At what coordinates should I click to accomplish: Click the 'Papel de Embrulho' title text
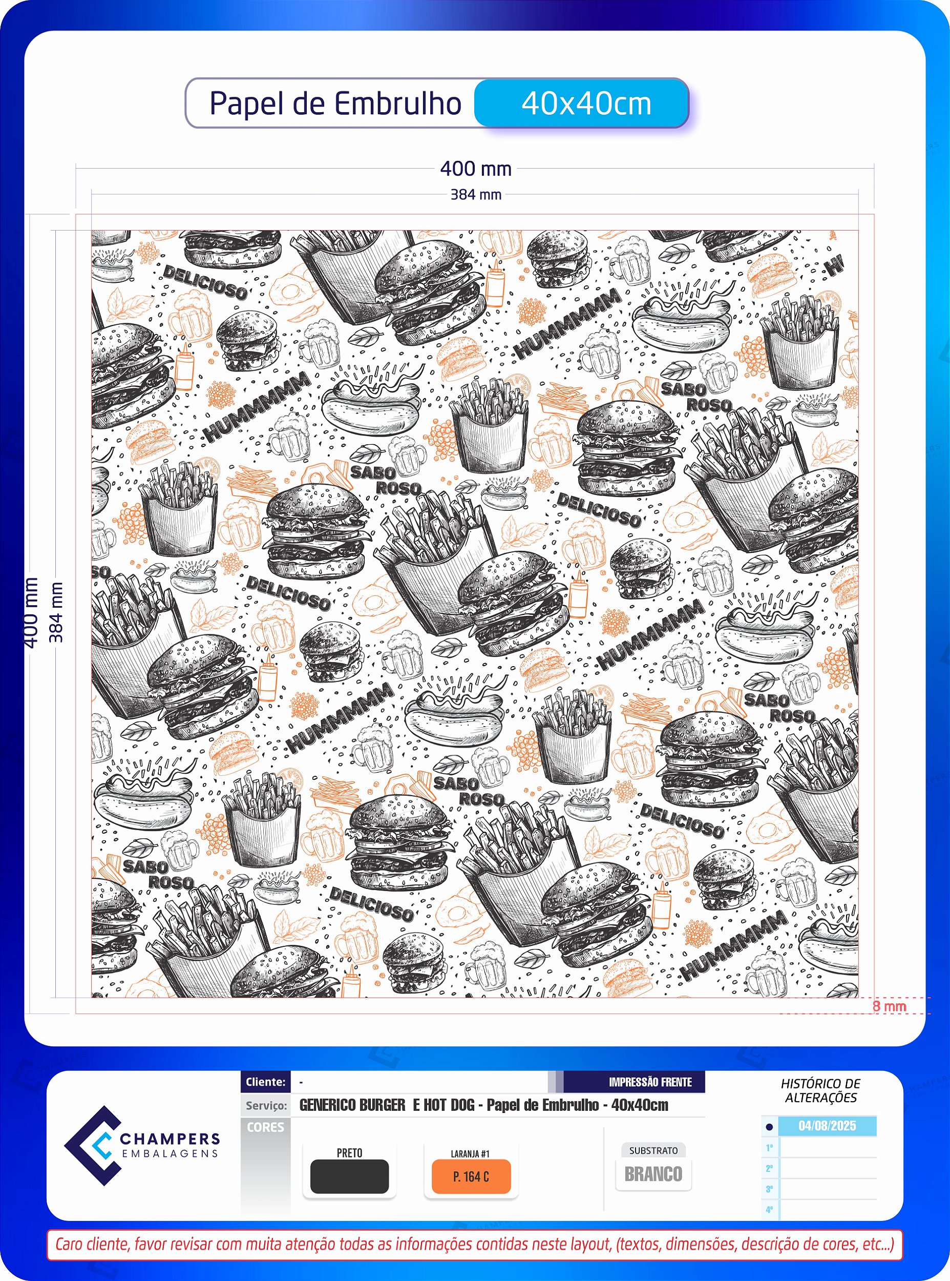click(335, 104)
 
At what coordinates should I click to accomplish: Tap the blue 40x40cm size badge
click(581, 103)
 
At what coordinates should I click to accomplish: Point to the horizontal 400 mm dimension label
click(476, 169)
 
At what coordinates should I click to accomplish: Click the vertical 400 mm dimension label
click(31, 613)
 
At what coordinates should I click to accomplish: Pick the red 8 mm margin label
click(889, 1006)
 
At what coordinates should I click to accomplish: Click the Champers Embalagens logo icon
click(93, 1146)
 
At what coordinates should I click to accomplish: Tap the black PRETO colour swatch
click(349, 1176)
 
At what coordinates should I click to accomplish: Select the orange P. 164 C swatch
click(471, 1176)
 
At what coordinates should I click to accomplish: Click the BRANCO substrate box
click(653, 1174)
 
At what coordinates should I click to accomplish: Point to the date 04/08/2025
click(827, 1126)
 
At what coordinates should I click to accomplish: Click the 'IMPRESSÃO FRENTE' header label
click(650, 1082)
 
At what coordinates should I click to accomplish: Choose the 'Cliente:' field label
click(266, 1082)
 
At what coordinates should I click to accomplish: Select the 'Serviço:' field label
click(266, 1106)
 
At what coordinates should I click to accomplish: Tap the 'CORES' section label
click(266, 1127)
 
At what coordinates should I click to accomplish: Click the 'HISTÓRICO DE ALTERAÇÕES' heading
click(820, 1090)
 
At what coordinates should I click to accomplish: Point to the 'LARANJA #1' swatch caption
click(471, 1153)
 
